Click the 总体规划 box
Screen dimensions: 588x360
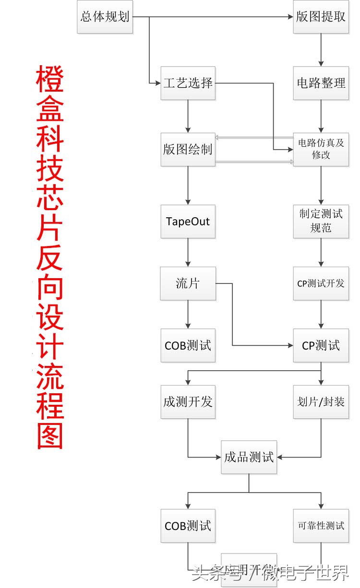point(105,17)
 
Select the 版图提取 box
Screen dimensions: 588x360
point(321,17)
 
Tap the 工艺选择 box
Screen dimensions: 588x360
point(188,83)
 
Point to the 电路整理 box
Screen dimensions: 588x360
point(321,83)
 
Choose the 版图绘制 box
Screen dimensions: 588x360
point(188,150)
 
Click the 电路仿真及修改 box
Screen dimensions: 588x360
point(321,149)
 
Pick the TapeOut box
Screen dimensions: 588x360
point(188,222)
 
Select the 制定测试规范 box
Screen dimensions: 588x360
point(321,221)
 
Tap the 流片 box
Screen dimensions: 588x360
point(188,283)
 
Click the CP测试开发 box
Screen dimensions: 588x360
point(321,283)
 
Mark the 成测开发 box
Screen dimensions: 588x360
point(188,402)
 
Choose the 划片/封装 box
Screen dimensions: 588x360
point(321,402)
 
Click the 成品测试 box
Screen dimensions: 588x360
point(249,457)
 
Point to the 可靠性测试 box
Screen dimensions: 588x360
point(321,526)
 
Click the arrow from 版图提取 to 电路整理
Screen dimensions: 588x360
point(321,50)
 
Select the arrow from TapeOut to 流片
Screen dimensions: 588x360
point(188,252)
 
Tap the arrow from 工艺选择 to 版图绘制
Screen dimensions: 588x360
point(188,116)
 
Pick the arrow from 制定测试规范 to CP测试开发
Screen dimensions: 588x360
point(321,252)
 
